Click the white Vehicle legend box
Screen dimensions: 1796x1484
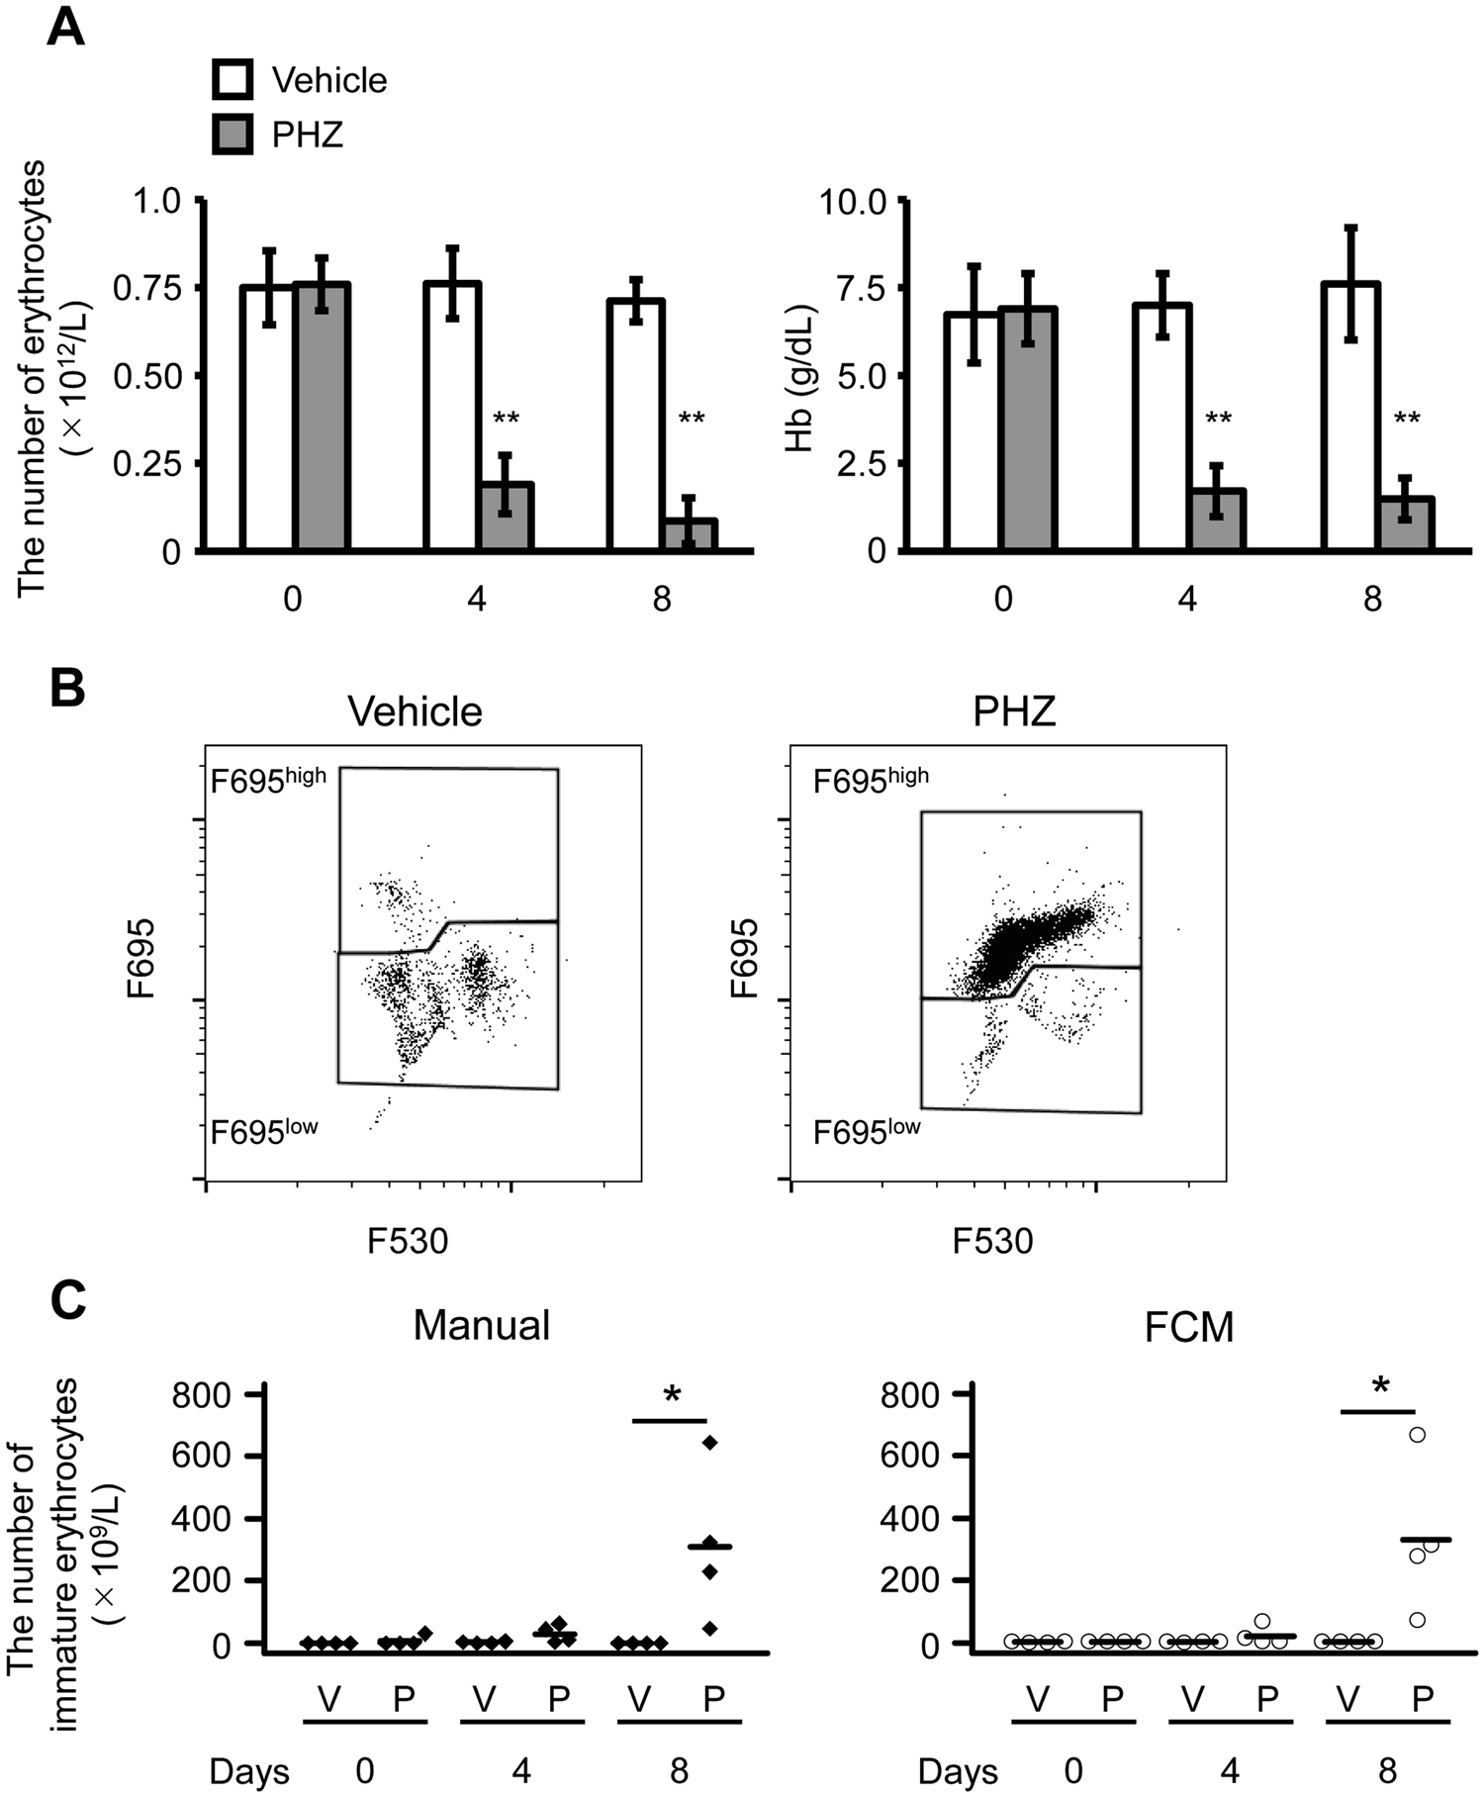pos(232,79)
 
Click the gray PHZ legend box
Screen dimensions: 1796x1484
pos(232,134)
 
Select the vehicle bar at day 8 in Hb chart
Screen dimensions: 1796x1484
pos(1350,416)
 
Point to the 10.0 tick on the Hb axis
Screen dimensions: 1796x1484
pos(901,201)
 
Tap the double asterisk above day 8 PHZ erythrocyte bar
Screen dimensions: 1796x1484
pos(692,420)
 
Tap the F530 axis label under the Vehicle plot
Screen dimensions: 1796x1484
pos(408,1240)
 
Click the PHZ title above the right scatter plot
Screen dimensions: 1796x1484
pos(1014,711)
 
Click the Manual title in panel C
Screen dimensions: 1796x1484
pos(481,1324)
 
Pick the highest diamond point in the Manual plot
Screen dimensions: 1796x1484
pos(709,1442)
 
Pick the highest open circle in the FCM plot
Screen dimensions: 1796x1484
pos(1418,1434)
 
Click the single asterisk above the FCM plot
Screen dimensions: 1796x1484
pos(1380,1386)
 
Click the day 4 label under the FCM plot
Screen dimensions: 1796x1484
pos(1229,1769)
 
